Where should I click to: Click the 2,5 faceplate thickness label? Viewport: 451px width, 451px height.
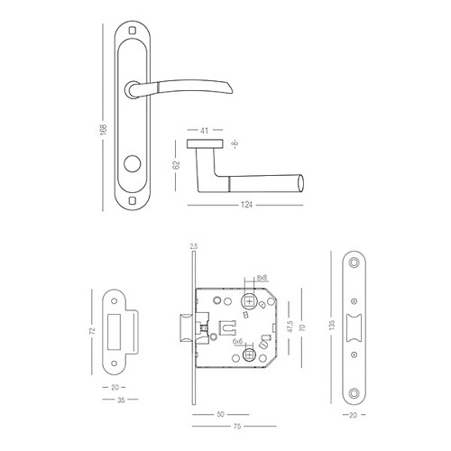[x=192, y=246]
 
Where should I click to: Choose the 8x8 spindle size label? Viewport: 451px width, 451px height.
[x=261, y=278]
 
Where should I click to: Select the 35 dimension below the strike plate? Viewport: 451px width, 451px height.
[x=120, y=398]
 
